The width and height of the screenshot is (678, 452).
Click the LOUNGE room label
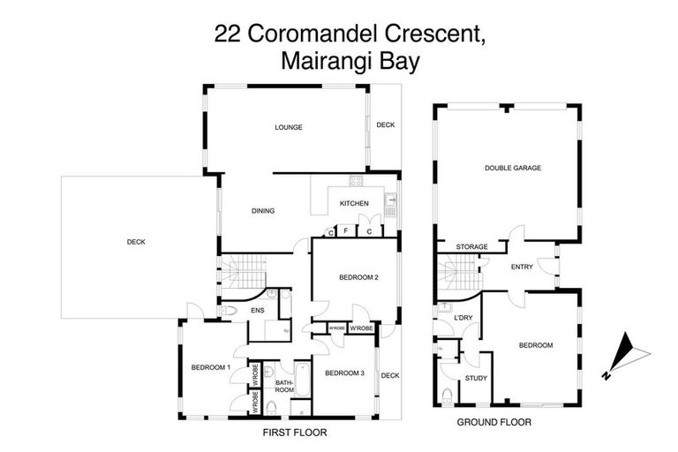click(288, 127)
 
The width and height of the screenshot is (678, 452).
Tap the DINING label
click(263, 211)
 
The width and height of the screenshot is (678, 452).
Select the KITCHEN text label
click(354, 205)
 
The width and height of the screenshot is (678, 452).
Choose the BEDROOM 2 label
click(358, 278)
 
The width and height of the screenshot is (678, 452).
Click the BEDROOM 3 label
click(344, 373)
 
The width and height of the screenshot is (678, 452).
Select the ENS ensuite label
click(258, 311)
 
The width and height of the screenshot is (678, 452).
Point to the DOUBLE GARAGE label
click(512, 168)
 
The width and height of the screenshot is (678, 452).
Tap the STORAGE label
click(472, 247)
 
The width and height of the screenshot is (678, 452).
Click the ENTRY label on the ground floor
click(521, 267)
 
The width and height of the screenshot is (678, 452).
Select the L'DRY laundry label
click(463, 318)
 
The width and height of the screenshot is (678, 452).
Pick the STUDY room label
click(477, 379)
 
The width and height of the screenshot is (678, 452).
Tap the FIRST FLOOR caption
click(295, 433)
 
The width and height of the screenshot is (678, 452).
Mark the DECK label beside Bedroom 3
click(389, 375)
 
